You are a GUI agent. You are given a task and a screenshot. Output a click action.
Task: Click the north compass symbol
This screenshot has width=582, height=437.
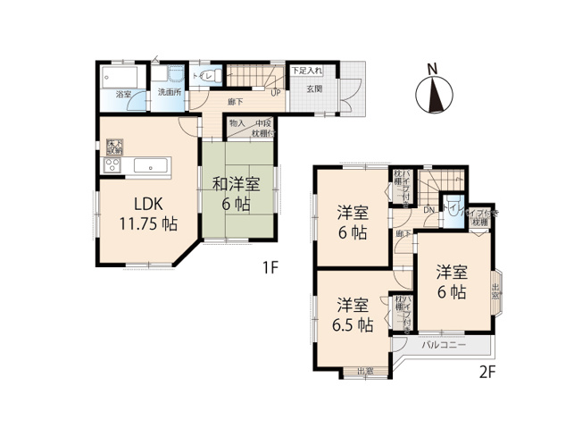(434, 93)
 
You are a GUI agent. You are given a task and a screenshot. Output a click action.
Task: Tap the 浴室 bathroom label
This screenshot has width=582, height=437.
(123, 94)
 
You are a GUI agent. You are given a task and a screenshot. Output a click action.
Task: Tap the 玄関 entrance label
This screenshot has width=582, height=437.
(314, 89)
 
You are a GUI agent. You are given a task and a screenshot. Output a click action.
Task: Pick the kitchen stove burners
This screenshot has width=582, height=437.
(112, 166)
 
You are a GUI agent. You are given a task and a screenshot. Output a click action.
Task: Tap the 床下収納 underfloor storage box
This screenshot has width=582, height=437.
(113, 145)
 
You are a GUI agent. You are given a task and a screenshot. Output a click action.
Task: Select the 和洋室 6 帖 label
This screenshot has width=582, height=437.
(236, 194)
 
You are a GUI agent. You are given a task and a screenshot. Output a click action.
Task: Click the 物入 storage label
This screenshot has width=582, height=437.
(237, 123)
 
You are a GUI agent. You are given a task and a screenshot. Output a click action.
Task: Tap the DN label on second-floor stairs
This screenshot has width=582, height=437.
(429, 210)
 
